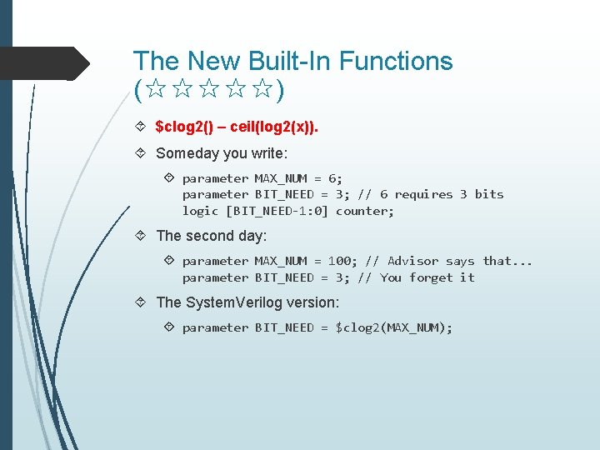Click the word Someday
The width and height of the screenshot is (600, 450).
(187, 153)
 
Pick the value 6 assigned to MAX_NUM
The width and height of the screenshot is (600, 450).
(334, 178)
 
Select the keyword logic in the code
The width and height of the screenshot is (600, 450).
(200, 211)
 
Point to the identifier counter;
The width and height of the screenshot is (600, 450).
(365, 211)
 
